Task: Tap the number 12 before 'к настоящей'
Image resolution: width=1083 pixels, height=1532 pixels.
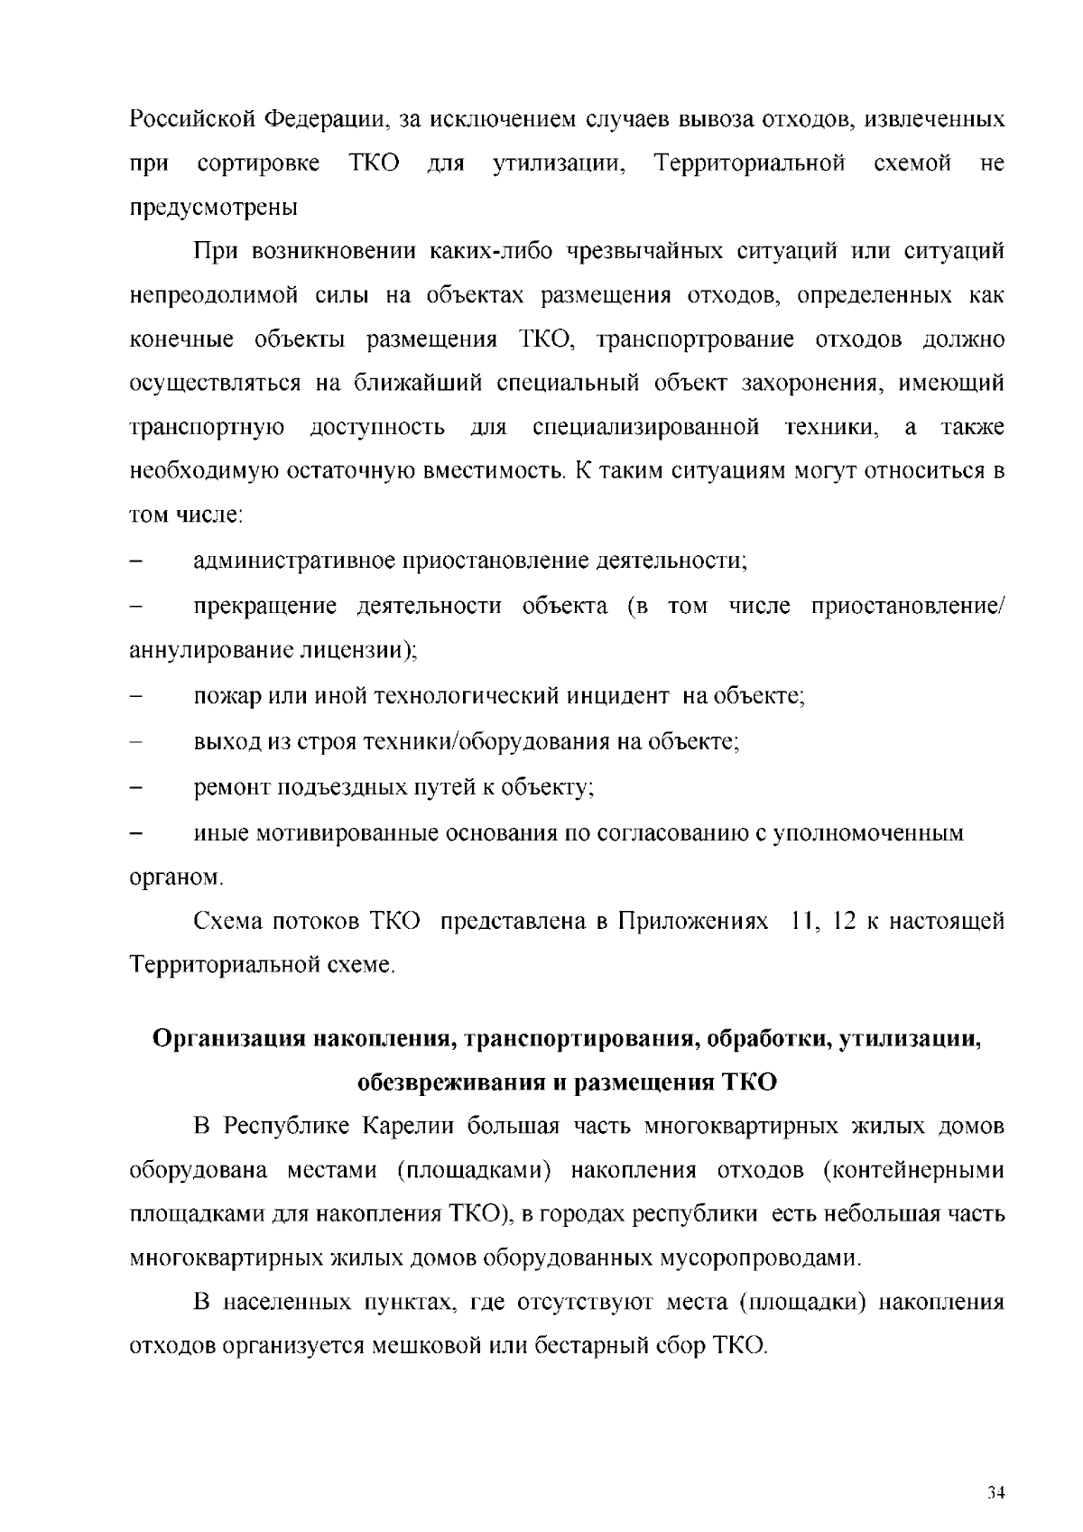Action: pyautogui.click(x=846, y=922)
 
